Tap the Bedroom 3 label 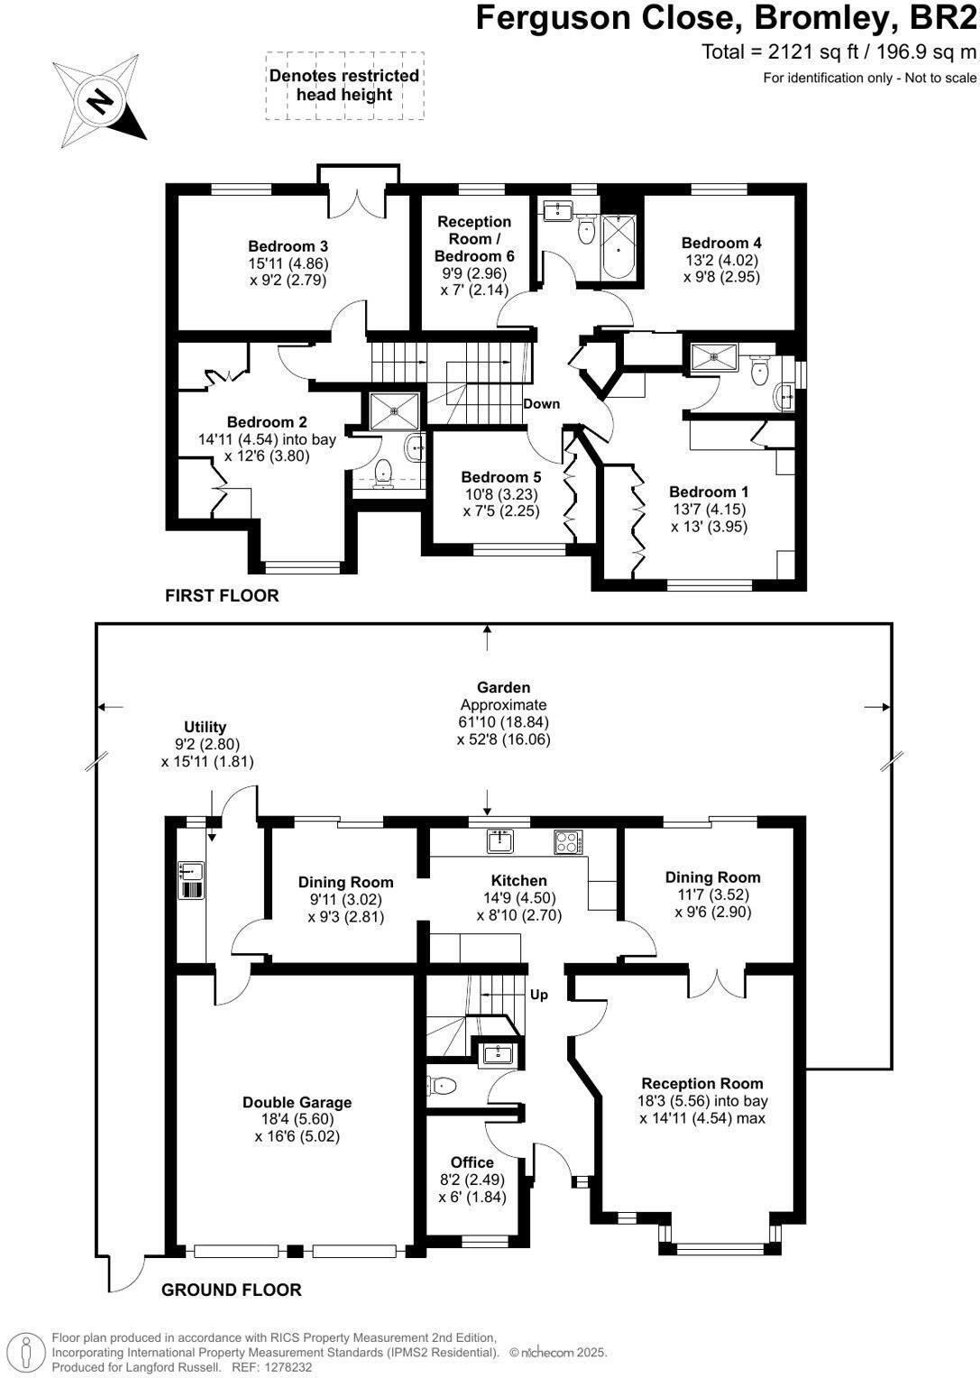(x=288, y=246)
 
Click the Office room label (x=472, y=1162)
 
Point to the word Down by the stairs (x=542, y=404)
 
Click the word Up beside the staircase (x=538, y=995)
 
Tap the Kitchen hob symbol (x=569, y=842)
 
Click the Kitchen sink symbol (x=500, y=841)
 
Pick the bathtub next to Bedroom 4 (x=618, y=247)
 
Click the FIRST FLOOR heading (x=222, y=595)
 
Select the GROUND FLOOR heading (x=232, y=1290)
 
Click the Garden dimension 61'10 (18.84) (x=504, y=721)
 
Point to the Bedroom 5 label (x=501, y=477)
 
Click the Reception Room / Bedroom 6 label (x=474, y=239)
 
